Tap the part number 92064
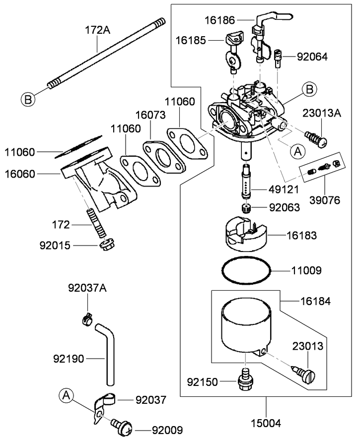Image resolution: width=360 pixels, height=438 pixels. pos(312,57)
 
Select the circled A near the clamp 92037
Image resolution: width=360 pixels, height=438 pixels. pos(66,395)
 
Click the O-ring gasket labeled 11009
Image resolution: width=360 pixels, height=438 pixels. pos(247,271)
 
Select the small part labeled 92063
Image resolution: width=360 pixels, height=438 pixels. pos(246,208)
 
